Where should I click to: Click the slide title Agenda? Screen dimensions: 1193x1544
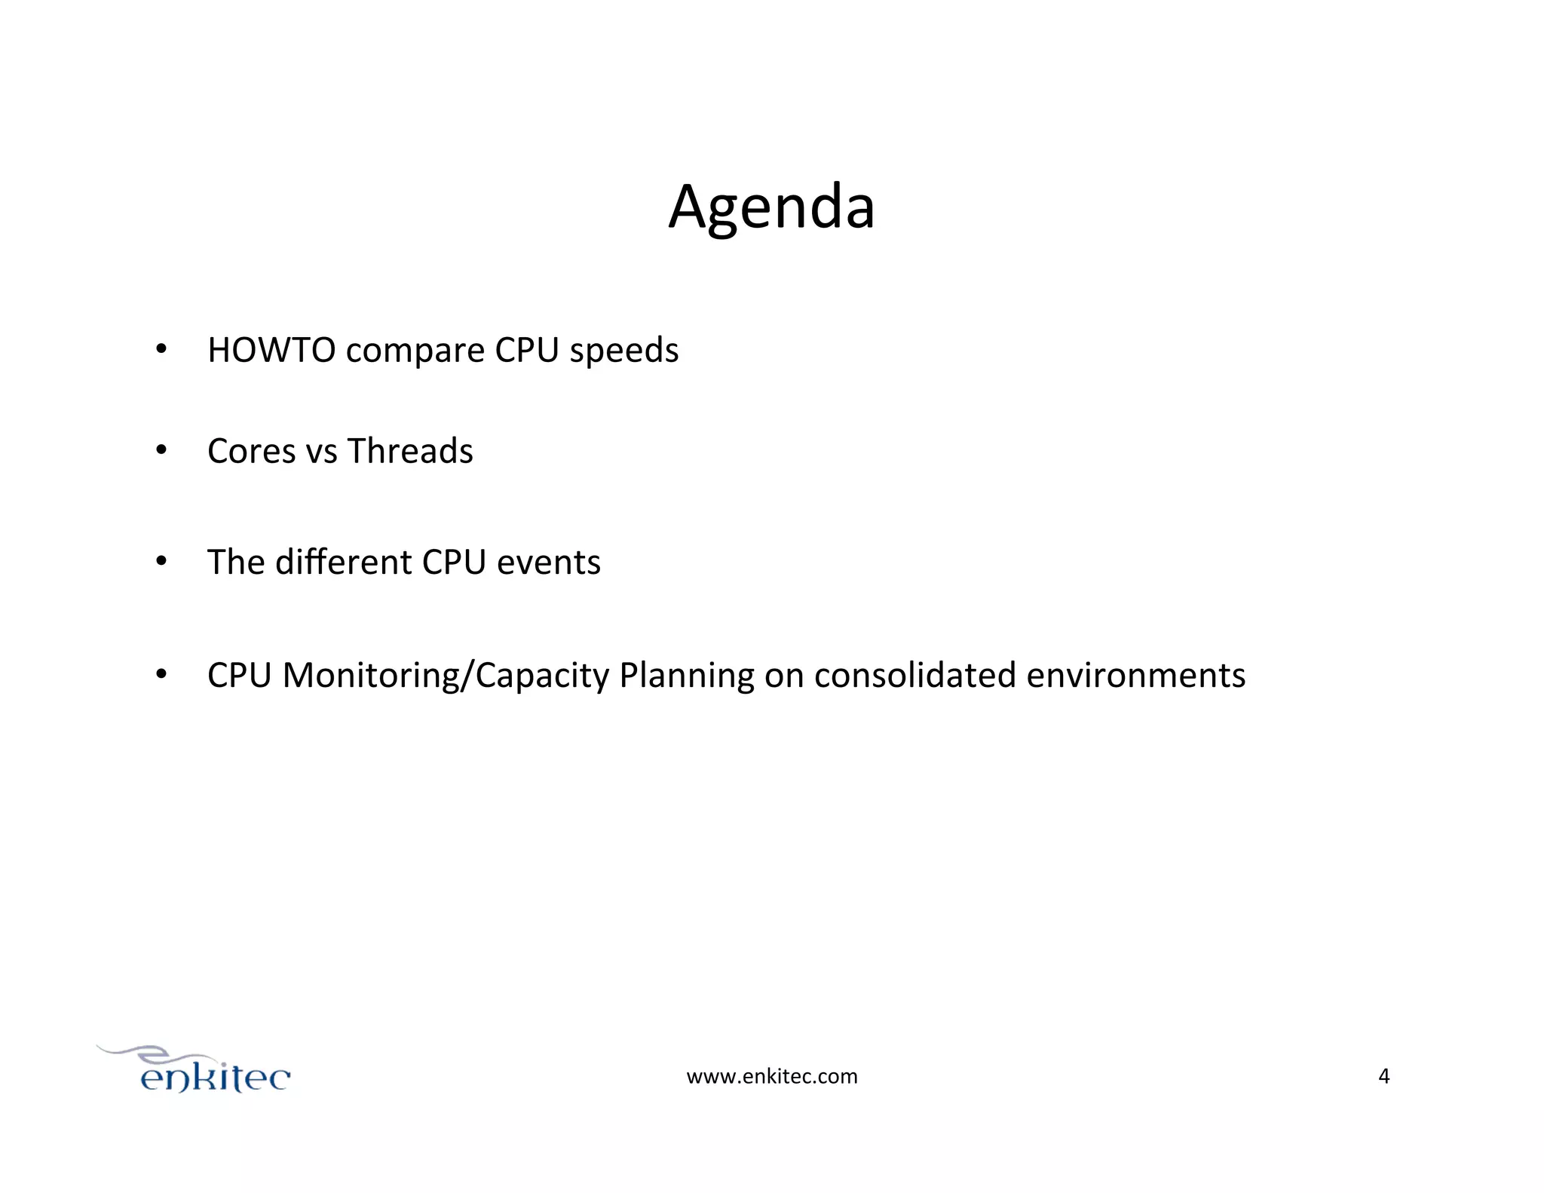pos(771,207)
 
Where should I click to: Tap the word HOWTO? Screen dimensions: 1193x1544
pos(271,351)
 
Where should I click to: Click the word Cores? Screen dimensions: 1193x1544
pos(251,451)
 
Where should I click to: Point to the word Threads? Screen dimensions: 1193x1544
pos(409,451)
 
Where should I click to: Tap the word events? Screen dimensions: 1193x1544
pos(548,563)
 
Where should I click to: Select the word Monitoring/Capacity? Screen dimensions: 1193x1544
pos(446,676)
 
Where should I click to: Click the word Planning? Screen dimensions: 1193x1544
pos(686,676)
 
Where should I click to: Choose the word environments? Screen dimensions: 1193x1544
pos(1135,675)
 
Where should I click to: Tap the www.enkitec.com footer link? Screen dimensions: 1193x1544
pos(771,1076)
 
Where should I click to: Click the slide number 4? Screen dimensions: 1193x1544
pos(1383,1076)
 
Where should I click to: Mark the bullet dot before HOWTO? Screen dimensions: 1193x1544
pos(161,350)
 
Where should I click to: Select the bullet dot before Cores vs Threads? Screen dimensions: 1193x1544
pos(161,451)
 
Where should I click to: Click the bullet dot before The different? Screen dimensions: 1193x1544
pos(161,562)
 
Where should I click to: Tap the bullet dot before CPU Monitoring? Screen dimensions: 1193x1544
pos(161,674)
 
